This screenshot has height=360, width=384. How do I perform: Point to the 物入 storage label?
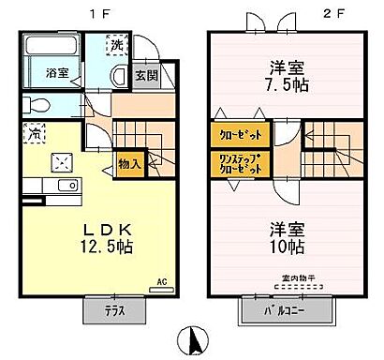(130, 163)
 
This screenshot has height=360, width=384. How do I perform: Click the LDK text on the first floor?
(93, 230)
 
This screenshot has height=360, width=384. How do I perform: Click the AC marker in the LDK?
(161, 279)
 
